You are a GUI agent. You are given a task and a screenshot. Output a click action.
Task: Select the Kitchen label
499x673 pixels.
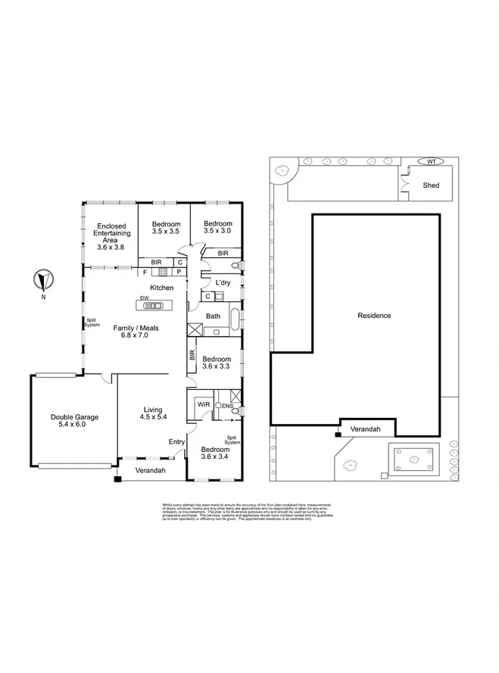162,288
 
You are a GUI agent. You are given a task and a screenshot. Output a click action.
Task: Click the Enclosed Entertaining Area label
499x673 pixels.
108,236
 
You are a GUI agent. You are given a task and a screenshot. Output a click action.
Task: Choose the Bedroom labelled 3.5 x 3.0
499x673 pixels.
217,229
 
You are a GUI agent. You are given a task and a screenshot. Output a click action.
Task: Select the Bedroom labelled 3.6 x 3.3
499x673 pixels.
216,363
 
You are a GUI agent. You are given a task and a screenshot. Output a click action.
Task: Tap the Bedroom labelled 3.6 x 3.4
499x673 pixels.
215,452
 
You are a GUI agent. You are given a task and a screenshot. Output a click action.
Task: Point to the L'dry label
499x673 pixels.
223,282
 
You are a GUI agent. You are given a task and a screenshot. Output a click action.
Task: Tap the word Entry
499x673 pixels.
176,442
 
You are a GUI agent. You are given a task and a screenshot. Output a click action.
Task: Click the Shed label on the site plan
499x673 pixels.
431,185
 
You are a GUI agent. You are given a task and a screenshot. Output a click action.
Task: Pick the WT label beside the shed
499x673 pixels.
431,161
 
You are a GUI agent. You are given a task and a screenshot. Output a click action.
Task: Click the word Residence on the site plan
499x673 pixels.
375,315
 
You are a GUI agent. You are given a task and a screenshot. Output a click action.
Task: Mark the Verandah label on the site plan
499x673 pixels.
367,430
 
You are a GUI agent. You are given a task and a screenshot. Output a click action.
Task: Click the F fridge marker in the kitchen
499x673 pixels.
144,271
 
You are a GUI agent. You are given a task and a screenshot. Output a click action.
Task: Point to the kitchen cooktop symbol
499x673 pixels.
162,271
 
